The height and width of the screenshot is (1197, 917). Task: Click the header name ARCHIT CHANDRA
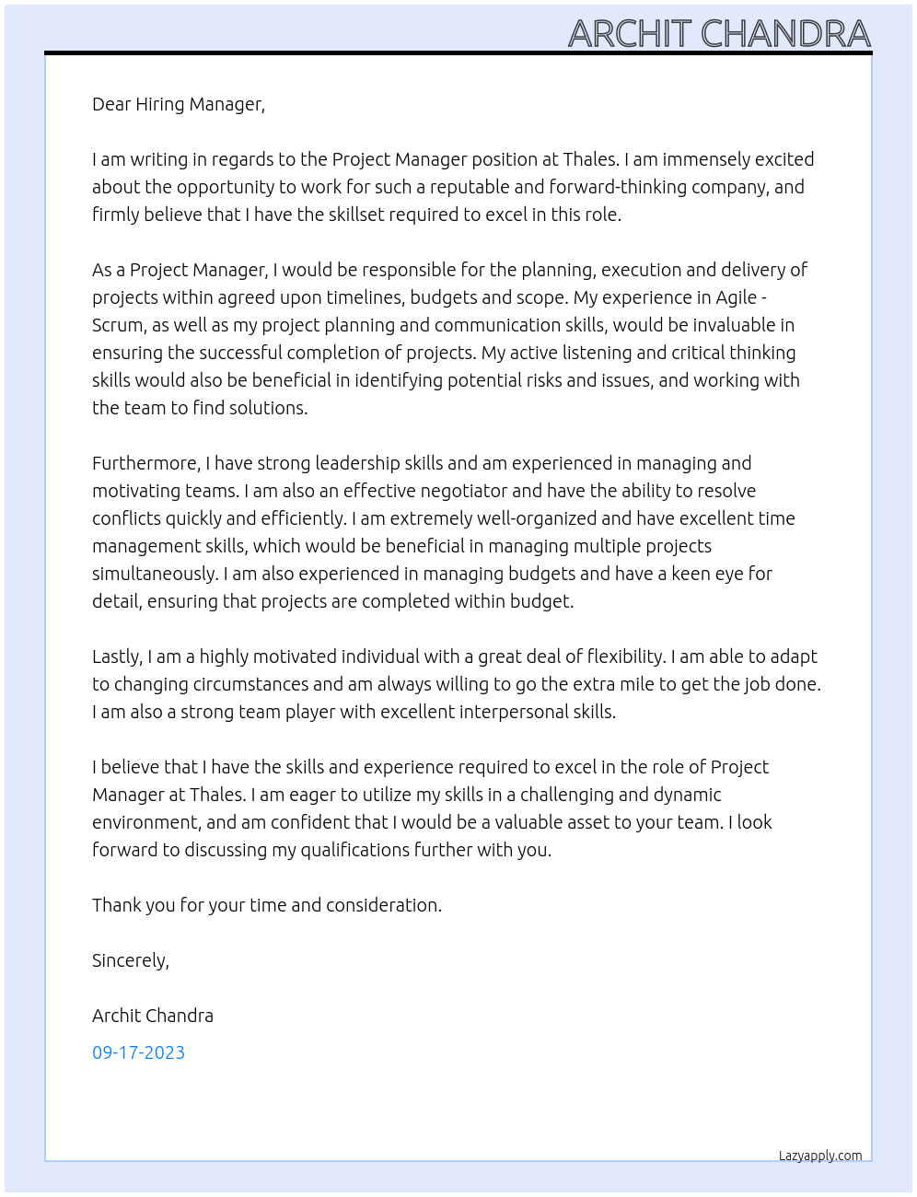click(x=719, y=34)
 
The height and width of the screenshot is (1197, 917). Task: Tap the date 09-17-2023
click(x=138, y=1052)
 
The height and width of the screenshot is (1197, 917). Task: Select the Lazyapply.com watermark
click(x=819, y=1156)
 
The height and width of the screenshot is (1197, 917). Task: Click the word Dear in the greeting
click(x=111, y=104)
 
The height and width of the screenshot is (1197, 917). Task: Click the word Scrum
click(x=117, y=325)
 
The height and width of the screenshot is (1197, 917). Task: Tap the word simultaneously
click(x=154, y=574)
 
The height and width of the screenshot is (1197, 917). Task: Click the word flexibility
click(x=614, y=657)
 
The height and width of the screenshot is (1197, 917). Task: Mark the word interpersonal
click(x=512, y=712)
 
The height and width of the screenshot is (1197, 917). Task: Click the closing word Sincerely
click(x=130, y=960)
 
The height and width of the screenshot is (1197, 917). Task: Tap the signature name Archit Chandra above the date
click(x=153, y=1016)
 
